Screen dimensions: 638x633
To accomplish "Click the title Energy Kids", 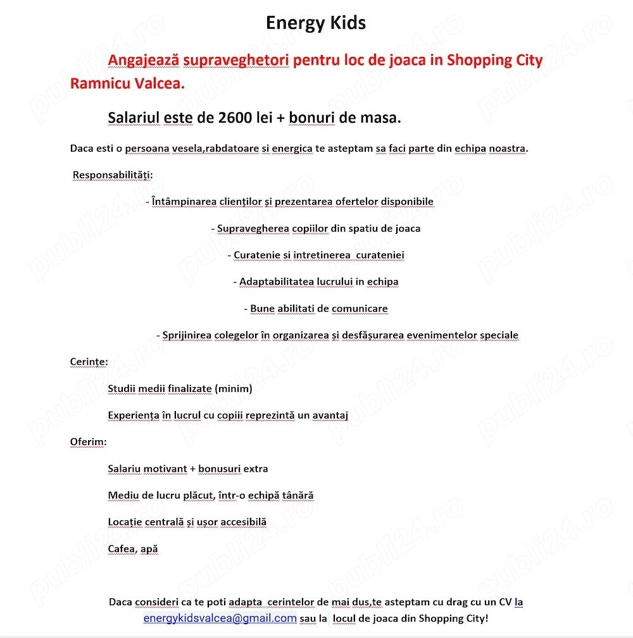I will pos(316,23).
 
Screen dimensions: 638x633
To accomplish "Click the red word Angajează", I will pos(144,60).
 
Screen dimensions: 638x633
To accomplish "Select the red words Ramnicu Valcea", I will pos(127,83).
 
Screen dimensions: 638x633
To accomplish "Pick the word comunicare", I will pos(360,309).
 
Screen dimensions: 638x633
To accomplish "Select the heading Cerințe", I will pos(89,362).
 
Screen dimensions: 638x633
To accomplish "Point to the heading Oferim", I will pos(88,441).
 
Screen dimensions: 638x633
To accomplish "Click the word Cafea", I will pos(122,549).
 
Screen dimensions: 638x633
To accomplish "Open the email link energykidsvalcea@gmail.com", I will pos(220,618).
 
